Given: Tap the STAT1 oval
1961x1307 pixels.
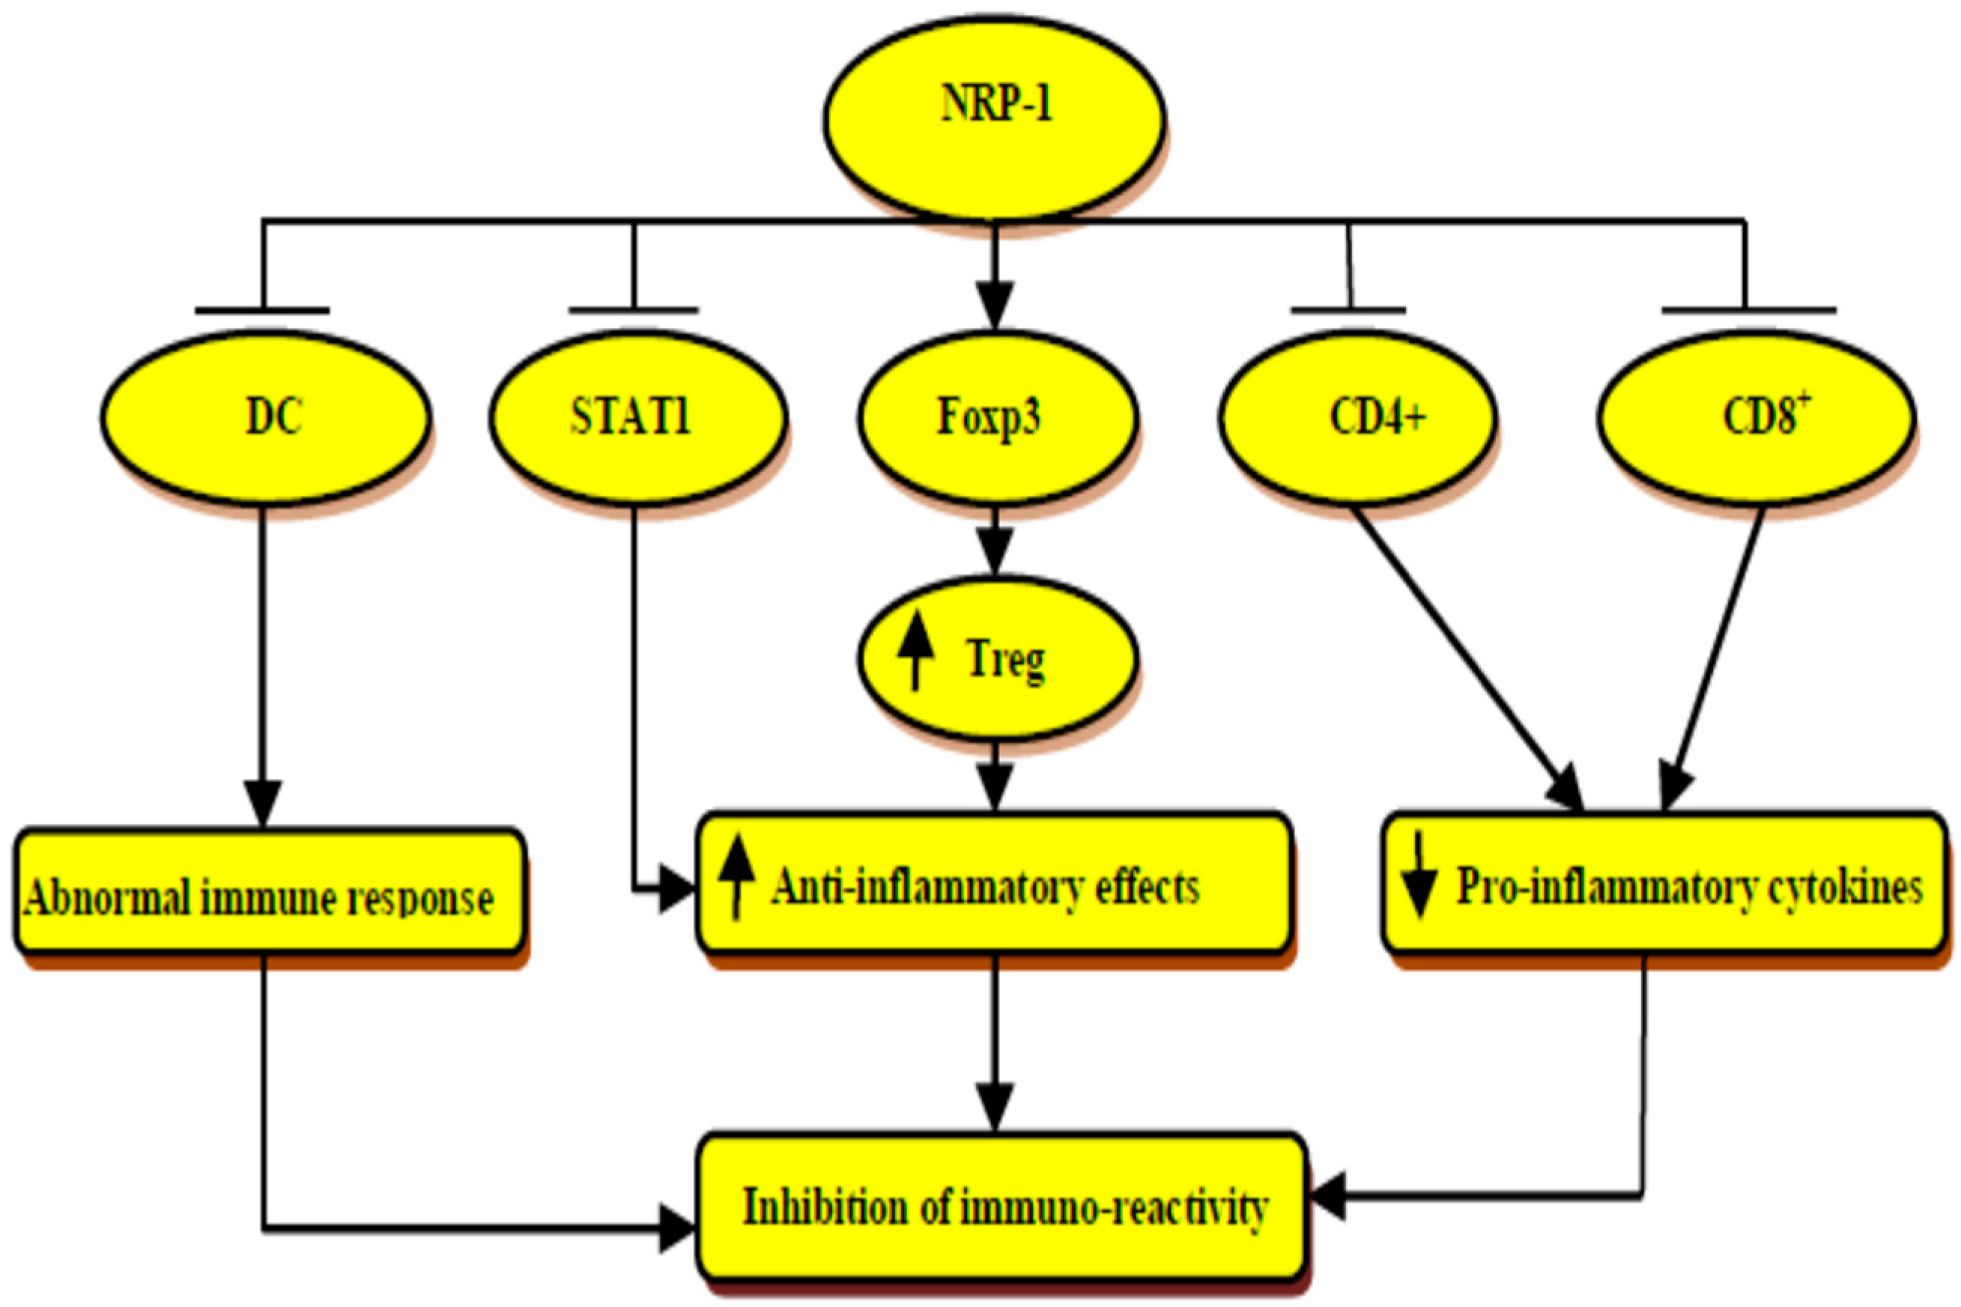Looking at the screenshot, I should click(637, 416).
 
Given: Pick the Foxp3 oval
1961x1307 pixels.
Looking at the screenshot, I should click(996, 416).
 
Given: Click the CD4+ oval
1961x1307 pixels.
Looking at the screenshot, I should click(1359, 416).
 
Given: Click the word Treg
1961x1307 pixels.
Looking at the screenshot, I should click(1005, 660).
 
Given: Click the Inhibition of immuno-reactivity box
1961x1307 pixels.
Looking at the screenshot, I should click(1000, 1207).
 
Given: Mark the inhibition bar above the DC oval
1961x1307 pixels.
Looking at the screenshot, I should click(261, 311).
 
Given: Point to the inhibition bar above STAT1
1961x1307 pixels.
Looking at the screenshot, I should click(634, 311).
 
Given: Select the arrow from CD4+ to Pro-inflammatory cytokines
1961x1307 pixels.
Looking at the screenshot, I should click(1467, 658).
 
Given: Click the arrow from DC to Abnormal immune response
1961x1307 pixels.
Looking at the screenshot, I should click(264, 667).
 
